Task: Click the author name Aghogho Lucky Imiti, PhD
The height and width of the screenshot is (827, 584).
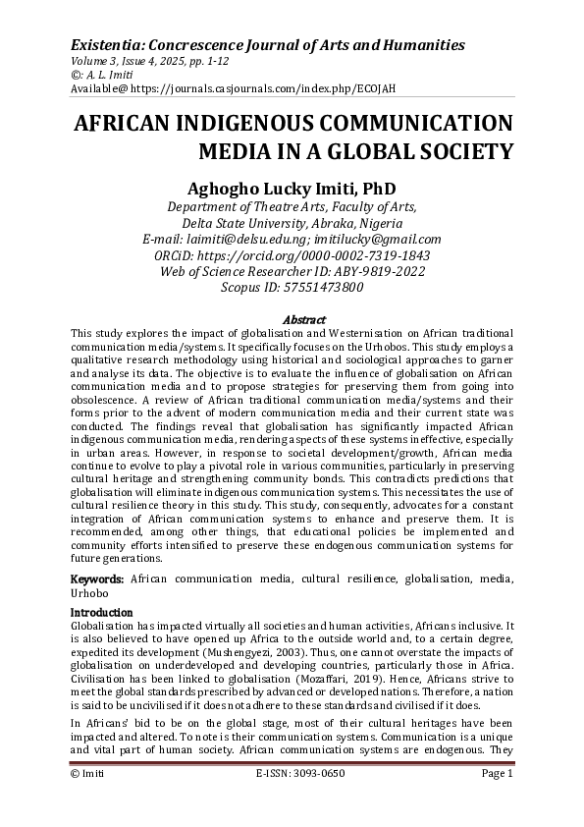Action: pyautogui.click(x=292, y=188)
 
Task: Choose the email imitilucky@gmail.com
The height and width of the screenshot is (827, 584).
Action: pyautogui.click(x=381, y=239)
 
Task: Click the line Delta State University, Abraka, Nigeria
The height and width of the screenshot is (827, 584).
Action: pyautogui.click(x=292, y=222)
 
